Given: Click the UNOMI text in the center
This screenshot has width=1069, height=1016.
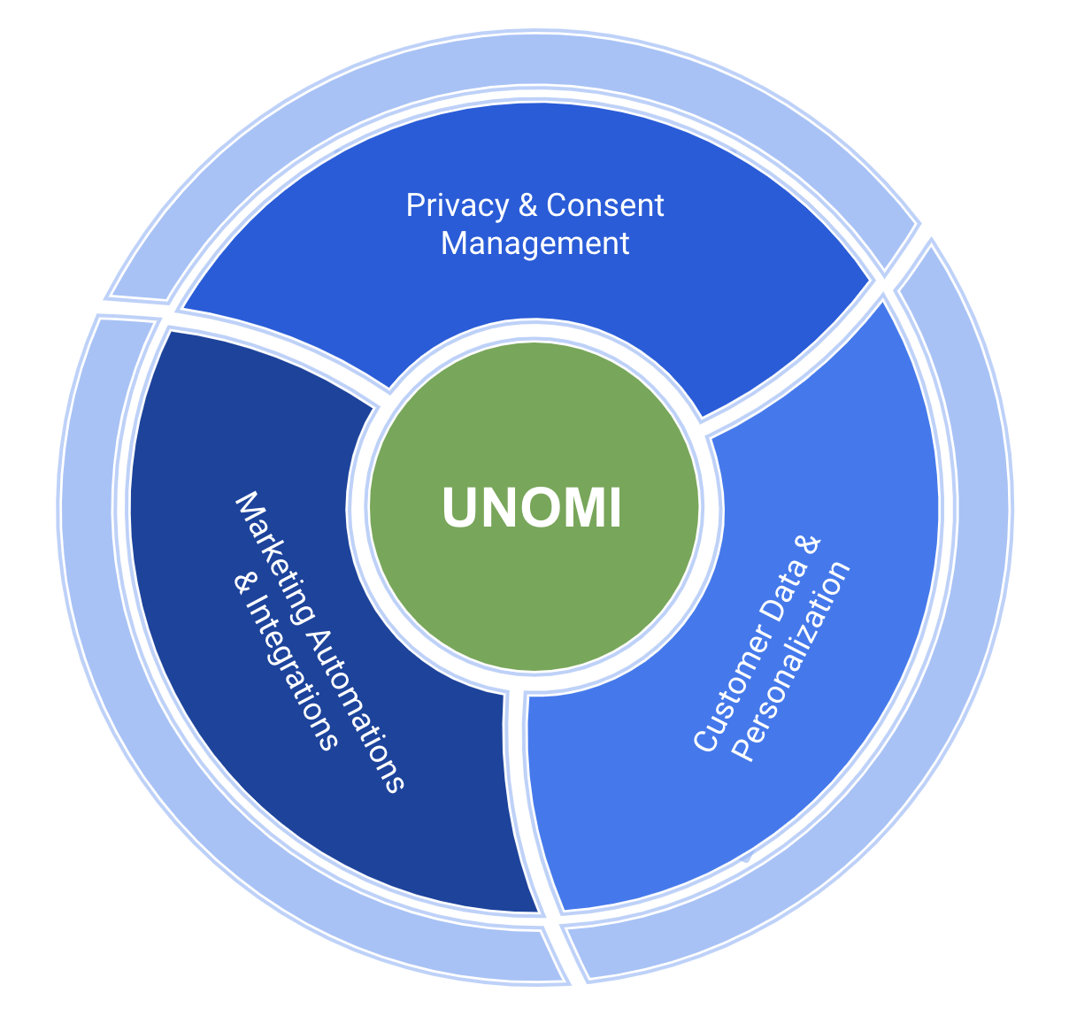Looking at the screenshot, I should [531, 508].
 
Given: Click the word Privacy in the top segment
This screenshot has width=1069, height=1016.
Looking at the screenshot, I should [457, 205].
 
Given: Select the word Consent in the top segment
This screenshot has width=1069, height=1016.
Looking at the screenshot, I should [605, 205].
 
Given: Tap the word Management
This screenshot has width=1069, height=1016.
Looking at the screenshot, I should [534, 242].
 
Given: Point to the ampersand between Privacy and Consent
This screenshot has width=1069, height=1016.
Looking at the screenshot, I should [528, 205].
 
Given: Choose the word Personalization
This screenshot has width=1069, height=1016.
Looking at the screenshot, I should [795, 659].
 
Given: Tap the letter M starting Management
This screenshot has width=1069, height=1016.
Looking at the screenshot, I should [453, 242].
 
